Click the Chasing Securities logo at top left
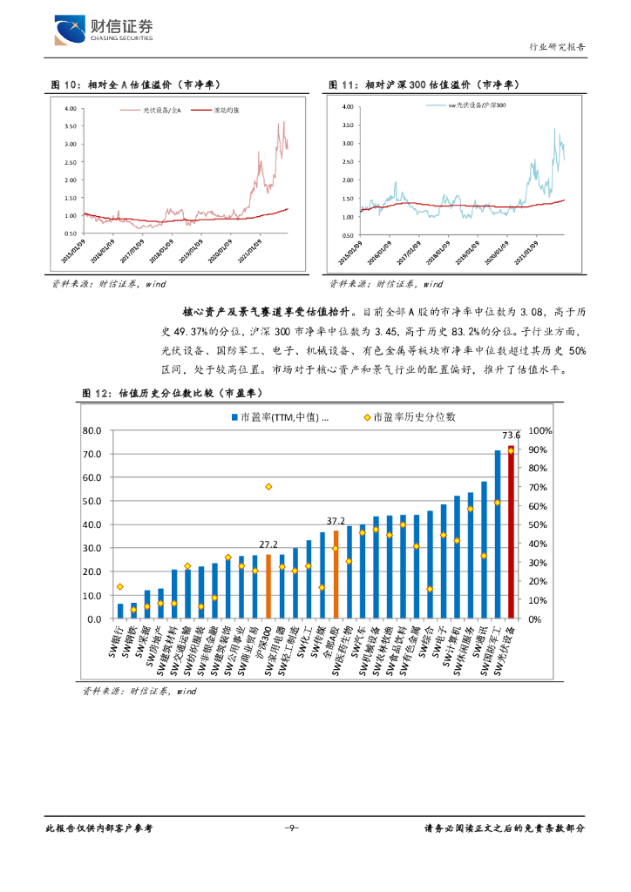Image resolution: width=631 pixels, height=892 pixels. [x=104, y=30]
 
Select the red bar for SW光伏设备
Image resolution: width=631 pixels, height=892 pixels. [x=511, y=532]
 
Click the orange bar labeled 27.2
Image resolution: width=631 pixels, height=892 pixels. [x=268, y=586]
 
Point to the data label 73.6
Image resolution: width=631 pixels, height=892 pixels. [x=511, y=435]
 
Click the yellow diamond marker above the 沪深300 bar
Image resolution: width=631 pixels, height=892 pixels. [x=268, y=486]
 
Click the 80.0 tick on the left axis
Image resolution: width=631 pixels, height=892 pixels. [x=92, y=431]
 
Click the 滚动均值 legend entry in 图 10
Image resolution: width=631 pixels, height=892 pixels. [x=225, y=111]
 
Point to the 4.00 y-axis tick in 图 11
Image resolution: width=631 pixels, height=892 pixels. [x=346, y=107]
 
